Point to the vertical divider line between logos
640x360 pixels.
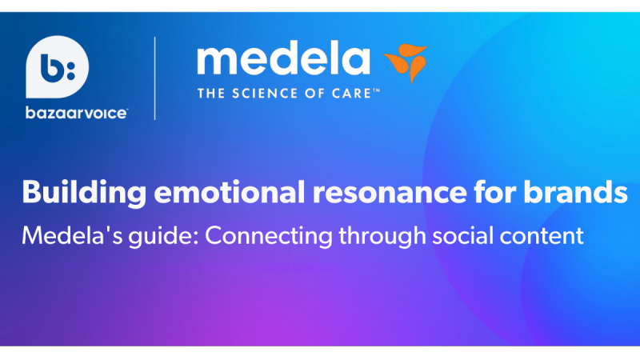click(x=154, y=78)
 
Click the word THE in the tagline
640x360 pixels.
click(x=211, y=94)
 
